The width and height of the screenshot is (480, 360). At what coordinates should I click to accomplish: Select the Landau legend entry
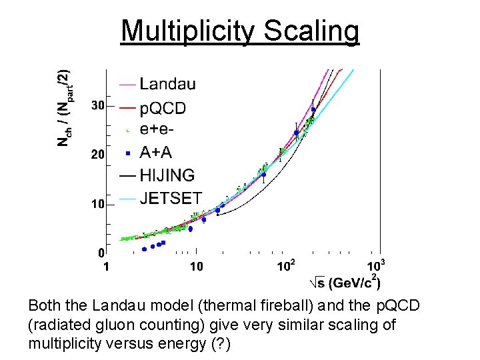tap(167, 84)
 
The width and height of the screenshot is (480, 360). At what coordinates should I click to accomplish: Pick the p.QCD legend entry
tap(163, 108)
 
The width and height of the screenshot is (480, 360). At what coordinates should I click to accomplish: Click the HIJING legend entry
tap(167, 175)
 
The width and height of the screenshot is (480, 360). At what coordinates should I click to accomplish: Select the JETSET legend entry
tap(171, 198)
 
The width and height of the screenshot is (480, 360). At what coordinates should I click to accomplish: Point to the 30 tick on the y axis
tap(97, 105)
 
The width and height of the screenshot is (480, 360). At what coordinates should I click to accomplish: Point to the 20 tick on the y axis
tap(97, 155)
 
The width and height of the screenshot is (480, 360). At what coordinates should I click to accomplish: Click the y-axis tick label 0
tap(101, 253)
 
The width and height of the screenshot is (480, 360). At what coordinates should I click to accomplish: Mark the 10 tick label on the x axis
tap(197, 267)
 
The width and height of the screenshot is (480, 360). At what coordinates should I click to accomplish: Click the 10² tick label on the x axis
tap(286, 266)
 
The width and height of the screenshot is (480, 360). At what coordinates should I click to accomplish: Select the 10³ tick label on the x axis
tap(377, 265)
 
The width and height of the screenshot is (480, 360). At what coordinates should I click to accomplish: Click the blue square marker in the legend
tap(127, 153)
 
